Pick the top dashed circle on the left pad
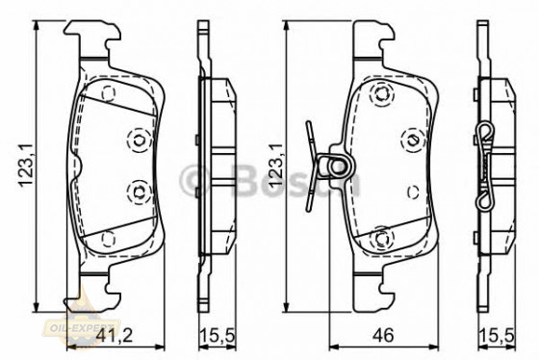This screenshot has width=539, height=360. coord(109,93)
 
